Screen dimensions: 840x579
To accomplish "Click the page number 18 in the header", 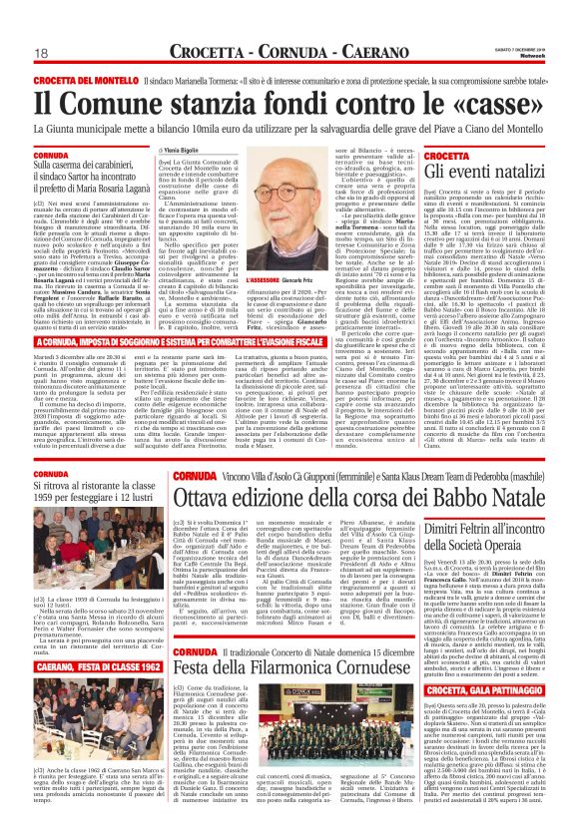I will (x=43, y=53).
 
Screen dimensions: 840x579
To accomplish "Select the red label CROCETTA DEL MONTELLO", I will (x=89, y=79).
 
